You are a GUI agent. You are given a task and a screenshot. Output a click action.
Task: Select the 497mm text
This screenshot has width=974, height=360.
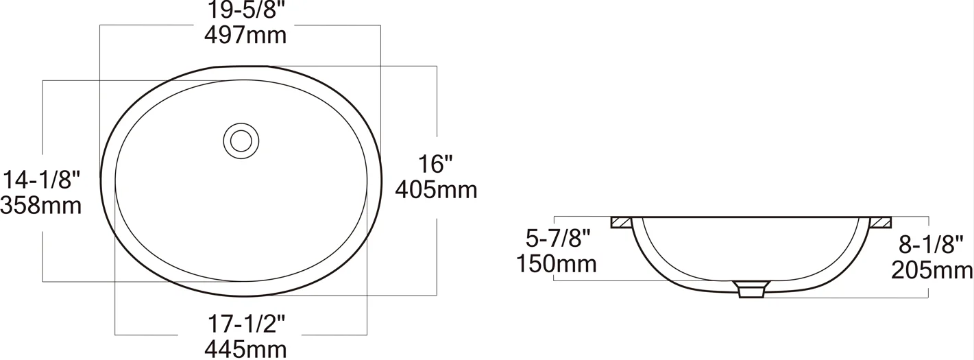point(245,35)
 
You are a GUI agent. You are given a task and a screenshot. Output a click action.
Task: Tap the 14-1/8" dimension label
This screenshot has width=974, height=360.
point(42,180)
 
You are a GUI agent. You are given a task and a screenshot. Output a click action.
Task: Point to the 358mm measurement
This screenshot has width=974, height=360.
point(41,205)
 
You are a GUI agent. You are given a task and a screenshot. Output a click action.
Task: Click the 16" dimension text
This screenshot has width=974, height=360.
point(435,164)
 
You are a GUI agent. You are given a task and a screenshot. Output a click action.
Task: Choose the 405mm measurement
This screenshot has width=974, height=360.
point(436,190)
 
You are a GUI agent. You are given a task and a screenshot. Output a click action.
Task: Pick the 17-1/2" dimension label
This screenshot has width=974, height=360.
point(246,324)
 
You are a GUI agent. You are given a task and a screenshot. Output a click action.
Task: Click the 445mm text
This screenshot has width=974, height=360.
point(245,349)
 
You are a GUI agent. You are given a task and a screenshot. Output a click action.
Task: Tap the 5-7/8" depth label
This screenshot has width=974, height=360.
point(559,238)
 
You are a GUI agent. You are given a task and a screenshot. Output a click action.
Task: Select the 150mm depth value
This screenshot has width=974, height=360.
point(557,264)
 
